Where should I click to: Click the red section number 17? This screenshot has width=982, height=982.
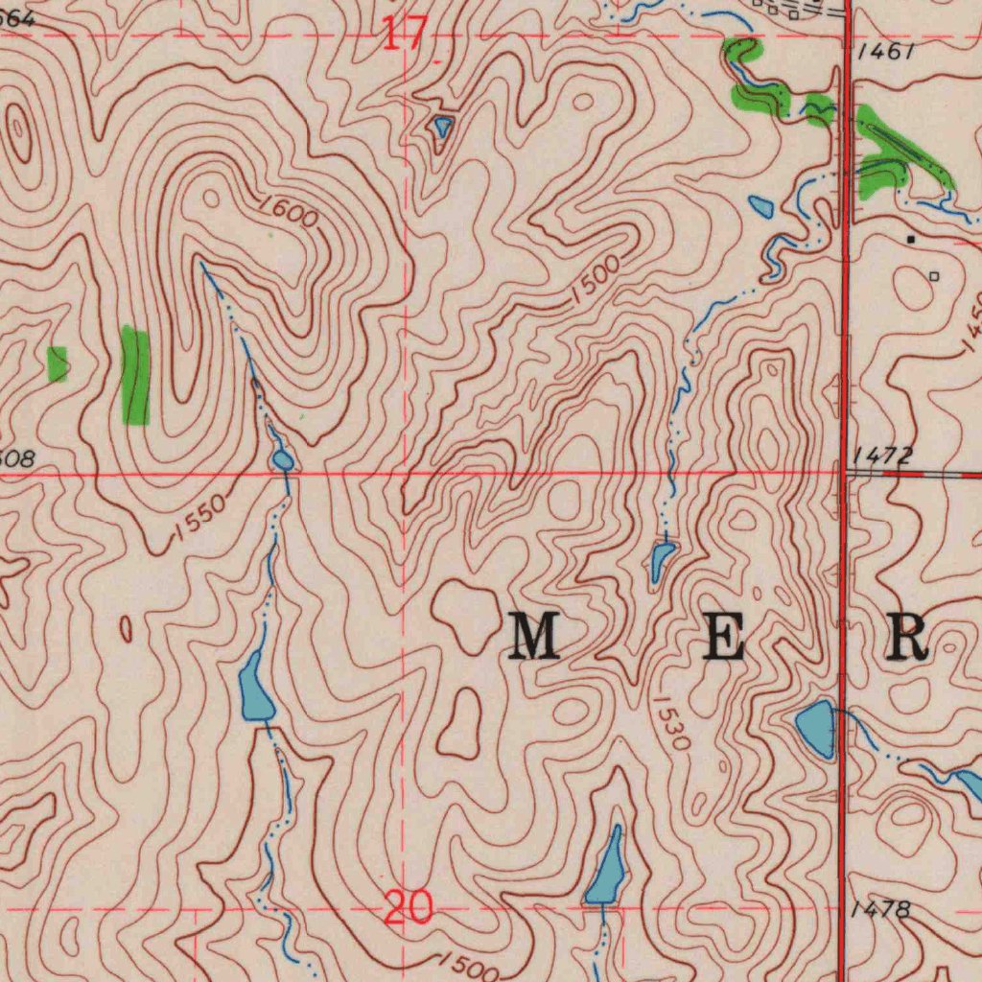click(x=405, y=34)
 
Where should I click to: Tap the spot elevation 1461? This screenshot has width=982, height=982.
click(x=886, y=51)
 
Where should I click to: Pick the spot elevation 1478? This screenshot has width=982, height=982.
click(x=880, y=909)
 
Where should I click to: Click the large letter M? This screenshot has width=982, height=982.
click(x=534, y=638)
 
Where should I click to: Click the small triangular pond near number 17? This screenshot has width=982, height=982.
click(x=442, y=126)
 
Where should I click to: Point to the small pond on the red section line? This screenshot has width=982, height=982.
click(x=283, y=461)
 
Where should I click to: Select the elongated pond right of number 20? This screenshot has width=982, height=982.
click(x=607, y=868)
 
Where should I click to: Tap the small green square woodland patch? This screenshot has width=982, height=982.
click(x=58, y=363)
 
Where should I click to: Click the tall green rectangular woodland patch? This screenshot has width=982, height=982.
click(x=136, y=375)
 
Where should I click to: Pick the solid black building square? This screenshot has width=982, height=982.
click(x=910, y=238)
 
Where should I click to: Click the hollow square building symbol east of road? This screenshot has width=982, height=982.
click(x=935, y=276)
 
